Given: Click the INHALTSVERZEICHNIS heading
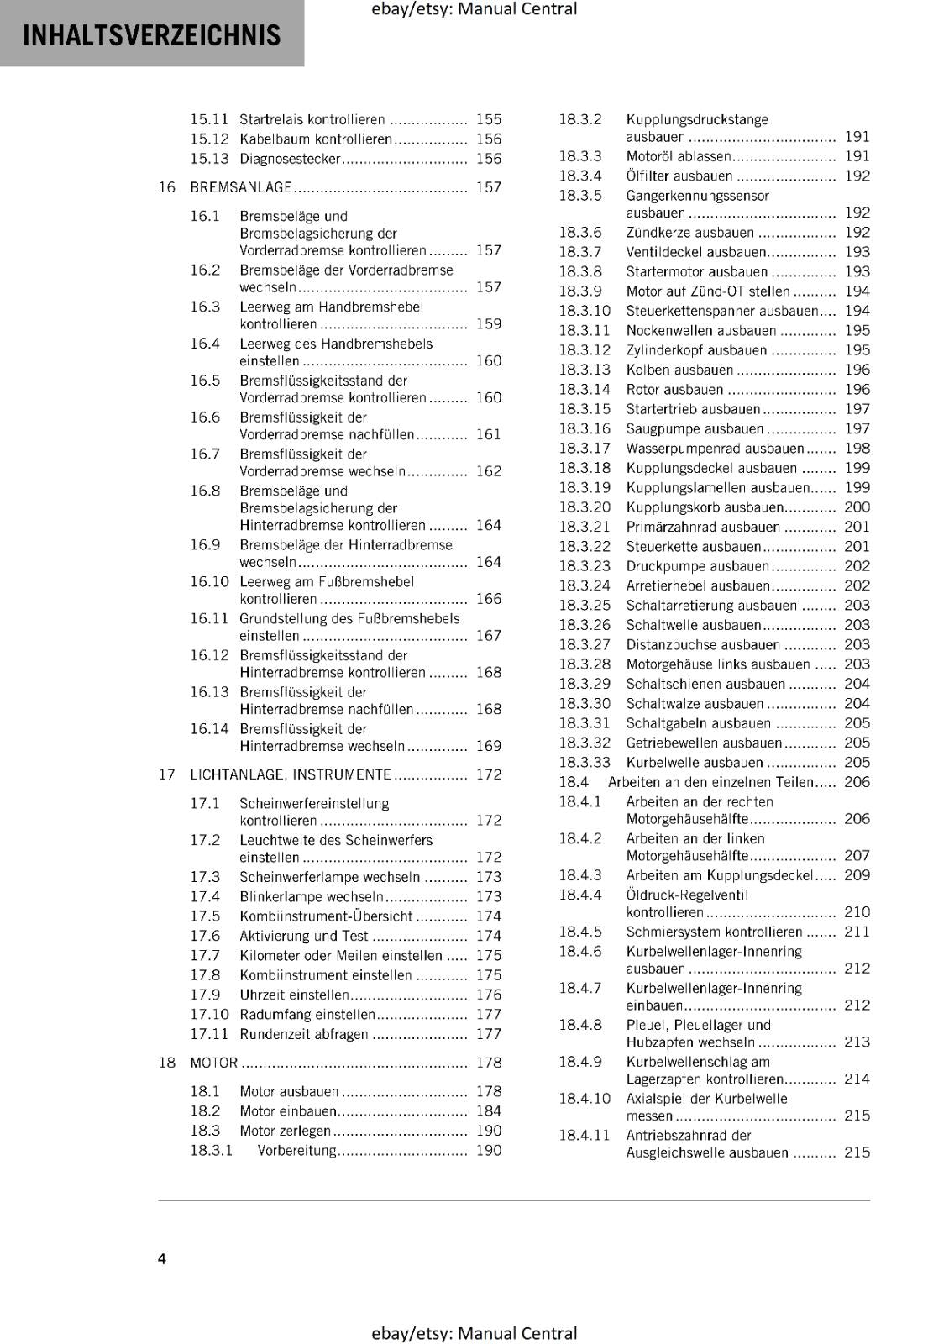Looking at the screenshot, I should (151, 35).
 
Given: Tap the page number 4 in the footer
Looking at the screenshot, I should (162, 1258).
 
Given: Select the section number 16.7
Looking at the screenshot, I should (205, 454).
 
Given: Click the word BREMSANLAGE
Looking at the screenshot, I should (241, 187).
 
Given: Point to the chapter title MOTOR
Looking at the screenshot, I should (214, 1063).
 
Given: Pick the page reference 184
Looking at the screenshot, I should (488, 1111).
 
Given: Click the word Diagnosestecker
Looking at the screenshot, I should (290, 159).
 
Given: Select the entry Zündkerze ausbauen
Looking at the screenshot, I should (689, 233).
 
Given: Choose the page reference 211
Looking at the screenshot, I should (857, 932).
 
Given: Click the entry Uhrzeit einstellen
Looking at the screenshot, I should (294, 995).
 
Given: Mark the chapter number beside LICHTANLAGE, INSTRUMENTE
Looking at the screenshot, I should (166, 774).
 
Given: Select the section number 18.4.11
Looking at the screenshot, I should (585, 1136).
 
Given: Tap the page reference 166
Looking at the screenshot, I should (488, 599).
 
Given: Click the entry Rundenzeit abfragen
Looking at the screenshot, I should (303, 1034).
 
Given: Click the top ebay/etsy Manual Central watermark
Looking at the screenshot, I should (474, 9).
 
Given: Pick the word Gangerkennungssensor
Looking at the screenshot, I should (697, 196).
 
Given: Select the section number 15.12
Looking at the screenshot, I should (209, 139).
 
